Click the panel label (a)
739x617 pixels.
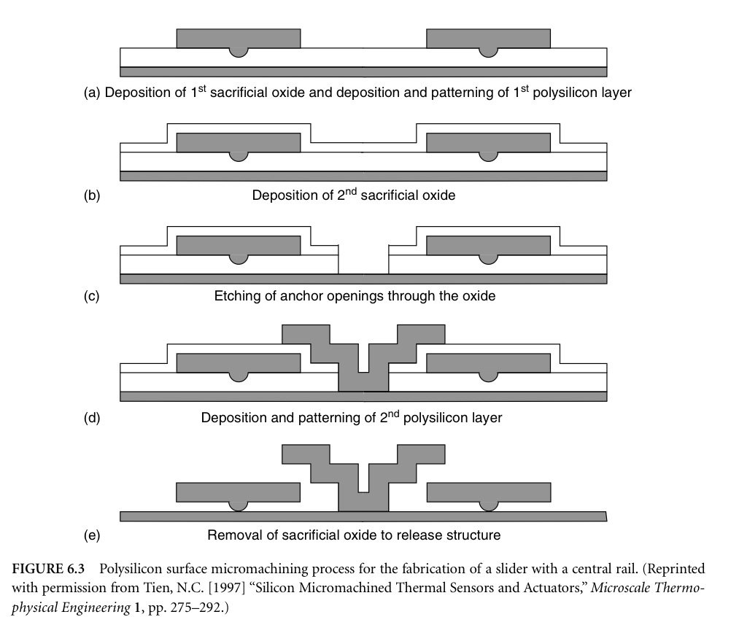tap(93, 93)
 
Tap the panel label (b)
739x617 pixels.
tap(92, 195)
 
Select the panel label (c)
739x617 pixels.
tap(91, 296)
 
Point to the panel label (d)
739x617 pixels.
tap(92, 418)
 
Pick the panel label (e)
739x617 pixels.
tap(92, 535)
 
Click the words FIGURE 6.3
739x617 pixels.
tap(48, 569)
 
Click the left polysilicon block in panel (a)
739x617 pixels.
tap(239, 39)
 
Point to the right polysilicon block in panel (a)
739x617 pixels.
tap(488, 39)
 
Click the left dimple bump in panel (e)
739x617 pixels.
tap(239, 506)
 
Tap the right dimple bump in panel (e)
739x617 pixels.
tap(488, 506)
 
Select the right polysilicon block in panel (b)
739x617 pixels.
tap(488, 143)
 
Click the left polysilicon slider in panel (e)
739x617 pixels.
tap(238, 492)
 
